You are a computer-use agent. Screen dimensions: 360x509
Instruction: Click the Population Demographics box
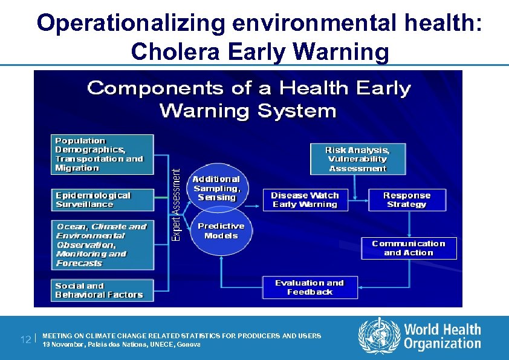[x=102, y=154]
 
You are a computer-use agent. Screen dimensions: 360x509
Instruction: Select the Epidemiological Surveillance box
[x=102, y=200]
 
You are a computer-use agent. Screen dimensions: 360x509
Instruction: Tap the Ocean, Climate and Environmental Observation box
[x=102, y=244]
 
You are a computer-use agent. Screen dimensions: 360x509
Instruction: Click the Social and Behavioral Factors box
[x=102, y=290]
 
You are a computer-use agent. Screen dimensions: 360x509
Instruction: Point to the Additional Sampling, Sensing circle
[x=216, y=188]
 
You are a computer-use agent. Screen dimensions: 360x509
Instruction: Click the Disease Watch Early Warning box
[x=305, y=200]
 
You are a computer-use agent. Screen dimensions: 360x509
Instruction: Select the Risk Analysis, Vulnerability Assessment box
[x=357, y=159]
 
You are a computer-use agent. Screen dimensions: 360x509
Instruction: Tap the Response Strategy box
[x=406, y=200]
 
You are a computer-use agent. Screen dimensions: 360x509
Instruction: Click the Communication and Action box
[x=409, y=248]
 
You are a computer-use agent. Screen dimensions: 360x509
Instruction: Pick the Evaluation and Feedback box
[x=310, y=287]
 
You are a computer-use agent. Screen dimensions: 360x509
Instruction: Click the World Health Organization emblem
[x=379, y=336]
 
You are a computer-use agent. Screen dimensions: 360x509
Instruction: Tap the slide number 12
[x=24, y=339]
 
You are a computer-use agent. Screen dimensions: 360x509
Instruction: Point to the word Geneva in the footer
[x=189, y=344]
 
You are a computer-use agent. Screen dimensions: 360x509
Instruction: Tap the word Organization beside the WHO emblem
[x=443, y=344]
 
